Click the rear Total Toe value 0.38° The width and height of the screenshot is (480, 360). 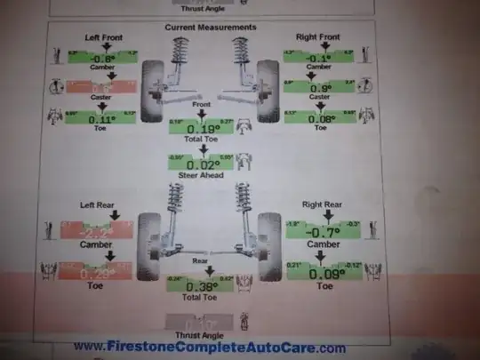(204, 285)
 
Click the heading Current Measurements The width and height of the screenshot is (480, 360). (211, 28)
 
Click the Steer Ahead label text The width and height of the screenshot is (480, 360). (204, 175)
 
